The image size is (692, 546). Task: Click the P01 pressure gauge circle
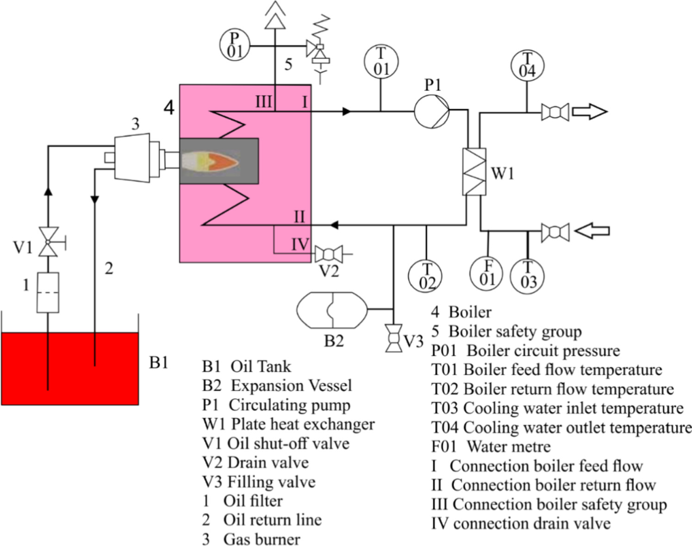[234, 45]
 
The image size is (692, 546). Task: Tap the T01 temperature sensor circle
[381, 62]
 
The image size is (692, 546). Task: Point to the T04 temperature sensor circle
[527, 65]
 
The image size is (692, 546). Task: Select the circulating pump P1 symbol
[431, 111]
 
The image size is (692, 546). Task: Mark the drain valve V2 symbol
[329, 254]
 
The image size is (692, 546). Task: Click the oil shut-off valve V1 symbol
[48, 242]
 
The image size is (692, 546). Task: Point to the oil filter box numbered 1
[48, 292]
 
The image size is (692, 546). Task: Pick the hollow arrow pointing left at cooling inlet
[592, 231]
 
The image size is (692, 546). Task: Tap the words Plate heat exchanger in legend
[303, 424]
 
